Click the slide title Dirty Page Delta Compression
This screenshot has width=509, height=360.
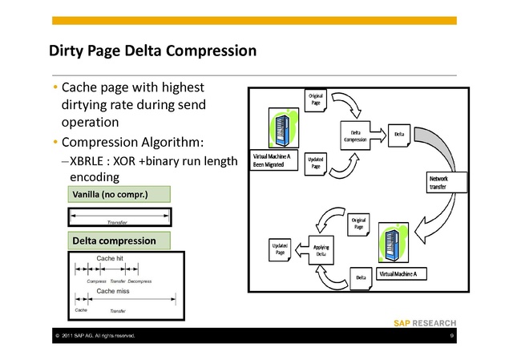(x=153, y=51)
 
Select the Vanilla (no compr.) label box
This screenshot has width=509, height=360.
(x=121, y=194)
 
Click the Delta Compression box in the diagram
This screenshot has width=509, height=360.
(x=355, y=136)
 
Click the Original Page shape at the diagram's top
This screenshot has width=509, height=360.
(x=317, y=101)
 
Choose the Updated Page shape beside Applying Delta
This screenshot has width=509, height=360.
(x=281, y=249)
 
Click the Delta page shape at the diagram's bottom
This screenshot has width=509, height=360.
(x=362, y=277)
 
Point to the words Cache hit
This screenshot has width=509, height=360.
(x=111, y=259)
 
